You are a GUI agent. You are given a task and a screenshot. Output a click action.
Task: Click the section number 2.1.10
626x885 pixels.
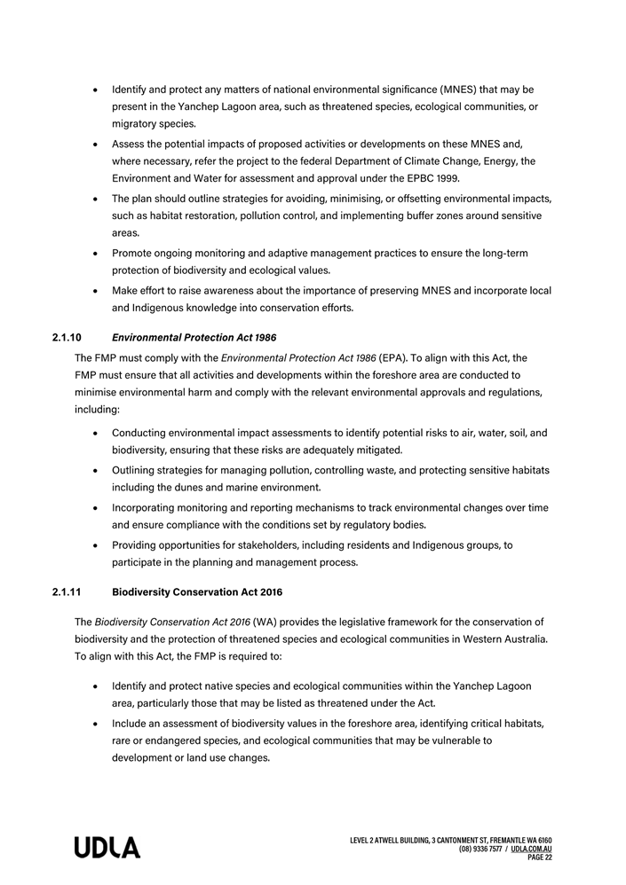coord(67,337)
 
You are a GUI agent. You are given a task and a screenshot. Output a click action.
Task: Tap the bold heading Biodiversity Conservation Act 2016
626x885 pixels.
coord(197,591)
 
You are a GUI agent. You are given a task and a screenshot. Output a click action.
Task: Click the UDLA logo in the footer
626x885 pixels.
coord(107,848)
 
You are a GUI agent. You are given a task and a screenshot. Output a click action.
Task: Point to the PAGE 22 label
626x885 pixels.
coord(540,858)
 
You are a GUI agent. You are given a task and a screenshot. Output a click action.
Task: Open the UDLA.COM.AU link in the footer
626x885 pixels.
coord(532,849)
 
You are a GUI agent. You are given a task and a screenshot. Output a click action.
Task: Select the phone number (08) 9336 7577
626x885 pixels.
coord(482,849)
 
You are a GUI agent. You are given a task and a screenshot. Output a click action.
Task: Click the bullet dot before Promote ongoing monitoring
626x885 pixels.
coord(95,254)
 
